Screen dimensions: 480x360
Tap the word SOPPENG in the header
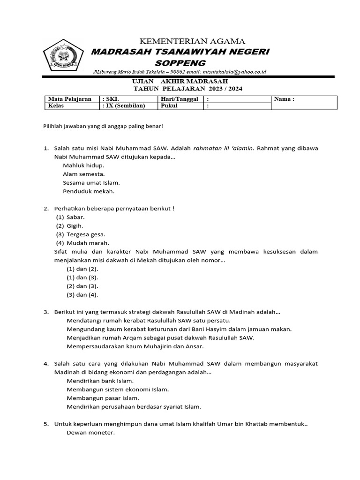coord(180,62)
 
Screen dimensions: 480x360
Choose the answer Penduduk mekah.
coord(89,191)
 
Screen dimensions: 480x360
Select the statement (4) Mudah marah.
coord(82,242)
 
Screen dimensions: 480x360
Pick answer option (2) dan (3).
coord(82,286)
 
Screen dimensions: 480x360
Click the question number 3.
coord(46,312)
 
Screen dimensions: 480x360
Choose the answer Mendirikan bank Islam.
coord(100,381)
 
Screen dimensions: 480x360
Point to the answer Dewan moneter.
coord(90,433)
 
